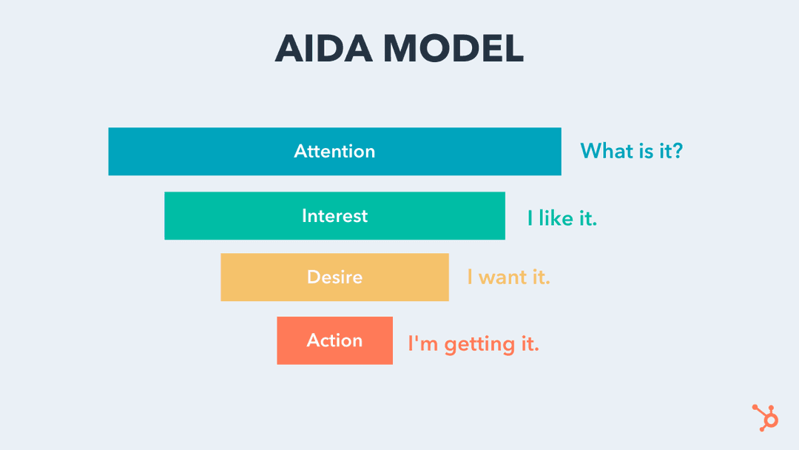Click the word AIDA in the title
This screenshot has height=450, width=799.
point(324,49)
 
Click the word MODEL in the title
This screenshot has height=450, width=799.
point(454,49)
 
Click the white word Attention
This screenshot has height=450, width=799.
point(334,152)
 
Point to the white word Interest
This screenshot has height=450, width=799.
point(334,216)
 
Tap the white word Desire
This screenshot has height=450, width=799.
point(334,278)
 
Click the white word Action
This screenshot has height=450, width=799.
point(334,340)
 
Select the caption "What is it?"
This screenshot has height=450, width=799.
point(631,151)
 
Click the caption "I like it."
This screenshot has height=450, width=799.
point(562,218)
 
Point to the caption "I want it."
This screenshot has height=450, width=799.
point(508,278)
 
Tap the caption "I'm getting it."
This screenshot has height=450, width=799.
point(473,344)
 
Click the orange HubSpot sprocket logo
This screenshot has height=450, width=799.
point(766,417)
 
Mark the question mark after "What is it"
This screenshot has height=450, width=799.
point(675,151)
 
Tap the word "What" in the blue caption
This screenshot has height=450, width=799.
point(602,151)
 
